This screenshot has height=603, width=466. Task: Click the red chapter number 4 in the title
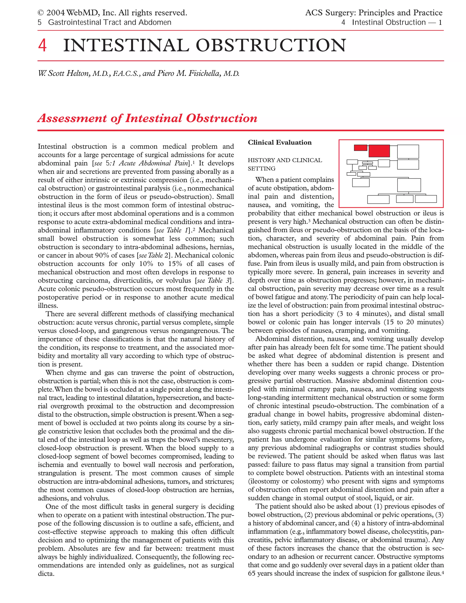point(42,46)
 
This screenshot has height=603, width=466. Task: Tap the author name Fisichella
point(205,73)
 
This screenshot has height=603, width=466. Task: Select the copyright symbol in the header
point(41,13)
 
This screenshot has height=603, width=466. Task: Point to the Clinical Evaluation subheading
point(279,142)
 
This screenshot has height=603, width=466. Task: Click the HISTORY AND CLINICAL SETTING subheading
point(284,164)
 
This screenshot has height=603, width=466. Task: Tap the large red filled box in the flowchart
point(379,151)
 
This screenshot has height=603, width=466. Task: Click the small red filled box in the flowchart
point(360,148)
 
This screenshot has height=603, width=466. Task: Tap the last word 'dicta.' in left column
point(46,574)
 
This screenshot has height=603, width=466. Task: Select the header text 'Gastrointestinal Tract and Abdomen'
point(110,22)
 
